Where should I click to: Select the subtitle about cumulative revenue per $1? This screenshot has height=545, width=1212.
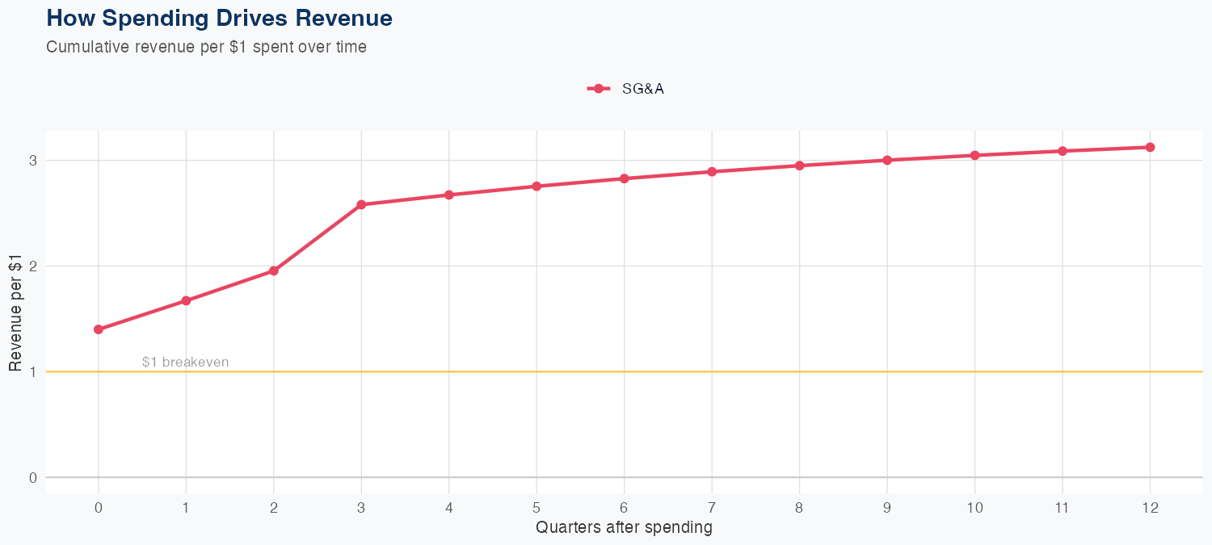coord(206,47)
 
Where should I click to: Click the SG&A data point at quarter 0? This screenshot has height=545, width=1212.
coord(99,329)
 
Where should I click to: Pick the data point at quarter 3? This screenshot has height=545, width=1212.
coord(361,205)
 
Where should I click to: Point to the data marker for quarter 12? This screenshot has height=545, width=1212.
coord(1150,147)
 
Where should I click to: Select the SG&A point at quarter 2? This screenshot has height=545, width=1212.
coord(274,270)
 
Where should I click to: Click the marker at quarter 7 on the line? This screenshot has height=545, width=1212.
coord(712,172)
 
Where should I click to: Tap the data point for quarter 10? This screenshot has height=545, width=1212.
coord(974,155)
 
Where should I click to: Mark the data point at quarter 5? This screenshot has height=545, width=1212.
coord(537,187)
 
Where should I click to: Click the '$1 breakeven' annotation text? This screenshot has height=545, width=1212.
coord(185,363)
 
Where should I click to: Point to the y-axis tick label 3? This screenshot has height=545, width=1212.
coord(33,161)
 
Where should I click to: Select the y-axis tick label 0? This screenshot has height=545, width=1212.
coord(33,477)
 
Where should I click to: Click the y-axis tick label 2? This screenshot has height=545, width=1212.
coord(33,266)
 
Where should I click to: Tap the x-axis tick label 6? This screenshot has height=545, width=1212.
coord(624,508)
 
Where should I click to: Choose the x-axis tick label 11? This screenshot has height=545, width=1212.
coord(1062,508)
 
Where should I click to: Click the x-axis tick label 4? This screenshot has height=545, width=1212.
coord(448,508)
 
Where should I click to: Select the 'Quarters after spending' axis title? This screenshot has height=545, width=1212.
coord(624,528)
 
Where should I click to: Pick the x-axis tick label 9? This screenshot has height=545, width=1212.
coord(886,508)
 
